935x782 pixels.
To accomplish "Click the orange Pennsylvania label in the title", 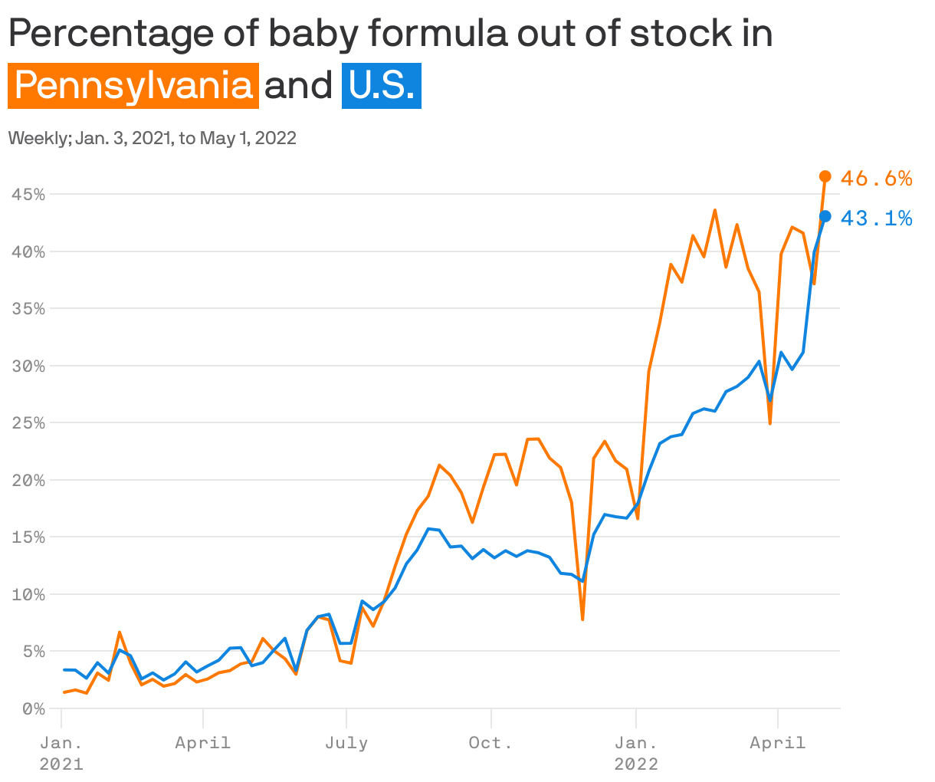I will point(133,85).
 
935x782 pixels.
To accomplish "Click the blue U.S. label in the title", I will point(381,85).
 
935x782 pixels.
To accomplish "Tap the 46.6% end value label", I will point(876,179).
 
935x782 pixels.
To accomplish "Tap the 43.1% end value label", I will point(876,219).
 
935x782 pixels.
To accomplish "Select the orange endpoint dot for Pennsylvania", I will point(825,176).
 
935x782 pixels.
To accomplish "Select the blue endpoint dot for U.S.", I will point(825,216).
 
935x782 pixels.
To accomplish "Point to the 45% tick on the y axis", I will point(28,194).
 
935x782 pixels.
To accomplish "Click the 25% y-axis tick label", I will point(28,422).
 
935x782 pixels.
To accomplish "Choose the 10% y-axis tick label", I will point(28,594).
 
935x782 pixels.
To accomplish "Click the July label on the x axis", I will point(346,742).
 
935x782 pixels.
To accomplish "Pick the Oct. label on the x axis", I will point(490,742).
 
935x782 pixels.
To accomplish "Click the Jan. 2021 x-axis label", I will point(61,753).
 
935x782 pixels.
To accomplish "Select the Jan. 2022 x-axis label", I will point(635,753).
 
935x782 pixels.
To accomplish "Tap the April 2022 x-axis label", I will point(778,742).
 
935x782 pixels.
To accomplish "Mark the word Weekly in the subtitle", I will point(38,138).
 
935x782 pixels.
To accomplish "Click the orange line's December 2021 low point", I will point(582,619).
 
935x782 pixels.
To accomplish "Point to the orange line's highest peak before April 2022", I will point(714,210).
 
